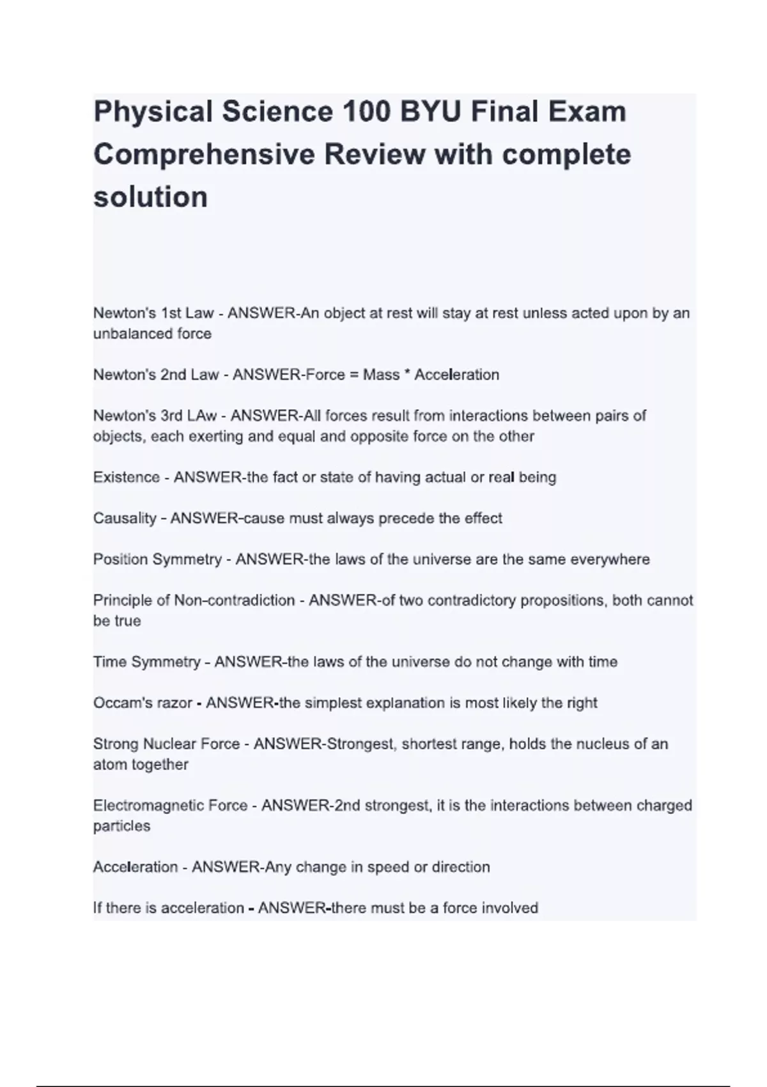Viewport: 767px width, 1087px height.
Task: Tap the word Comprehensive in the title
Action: pos(204,155)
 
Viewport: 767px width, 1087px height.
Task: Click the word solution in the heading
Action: pos(150,197)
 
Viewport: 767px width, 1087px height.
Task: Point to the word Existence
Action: pos(126,477)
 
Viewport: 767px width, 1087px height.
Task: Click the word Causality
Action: pos(125,518)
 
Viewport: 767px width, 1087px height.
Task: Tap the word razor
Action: pos(171,703)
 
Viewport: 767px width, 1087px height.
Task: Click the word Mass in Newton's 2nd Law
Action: pos(381,375)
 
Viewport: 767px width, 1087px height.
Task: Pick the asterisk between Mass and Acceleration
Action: pos(407,373)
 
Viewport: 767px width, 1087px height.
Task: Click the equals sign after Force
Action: pos(354,375)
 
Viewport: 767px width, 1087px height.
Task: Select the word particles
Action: pos(121,826)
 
